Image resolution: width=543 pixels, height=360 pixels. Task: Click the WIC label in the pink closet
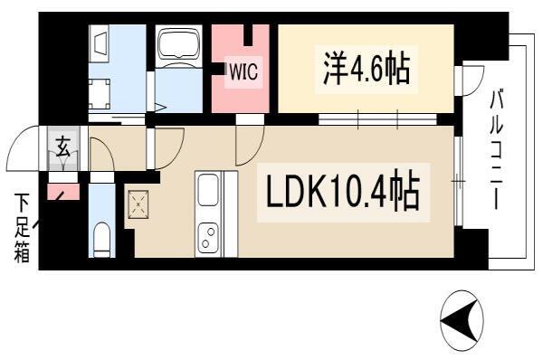click(243, 71)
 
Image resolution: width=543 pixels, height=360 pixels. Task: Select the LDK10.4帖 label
click(343, 192)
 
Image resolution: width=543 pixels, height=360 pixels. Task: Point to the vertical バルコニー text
click(496, 149)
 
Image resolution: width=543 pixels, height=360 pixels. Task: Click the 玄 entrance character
click(63, 147)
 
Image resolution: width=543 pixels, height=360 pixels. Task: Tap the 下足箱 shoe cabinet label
click(22, 228)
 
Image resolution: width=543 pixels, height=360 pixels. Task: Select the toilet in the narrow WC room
click(101, 239)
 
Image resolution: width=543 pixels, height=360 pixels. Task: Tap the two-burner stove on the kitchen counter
click(208, 238)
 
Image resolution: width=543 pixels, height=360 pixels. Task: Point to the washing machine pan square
click(100, 94)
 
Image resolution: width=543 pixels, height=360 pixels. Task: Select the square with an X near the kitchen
click(138, 204)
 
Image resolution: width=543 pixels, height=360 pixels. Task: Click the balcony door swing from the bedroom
click(472, 81)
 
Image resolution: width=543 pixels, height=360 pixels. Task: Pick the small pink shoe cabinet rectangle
click(63, 192)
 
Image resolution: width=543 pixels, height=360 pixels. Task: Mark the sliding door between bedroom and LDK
click(377, 119)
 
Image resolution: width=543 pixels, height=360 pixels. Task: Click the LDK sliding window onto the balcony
click(458, 181)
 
